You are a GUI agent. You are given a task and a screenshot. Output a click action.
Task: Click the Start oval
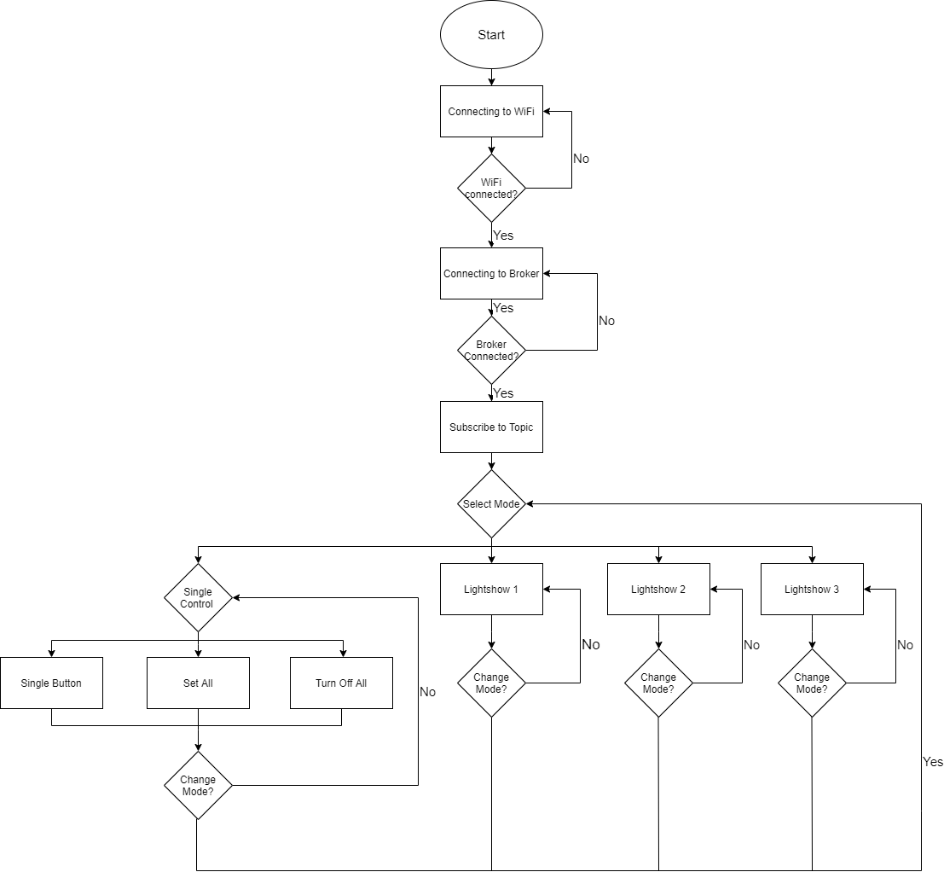click(x=491, y=35)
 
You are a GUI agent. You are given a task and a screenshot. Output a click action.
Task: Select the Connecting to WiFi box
click(x=491, y=111)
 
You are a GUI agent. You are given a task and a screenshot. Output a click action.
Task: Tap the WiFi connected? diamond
click(x=491, y=188)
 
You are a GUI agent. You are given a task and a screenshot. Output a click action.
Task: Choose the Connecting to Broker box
click(x=491, y=274)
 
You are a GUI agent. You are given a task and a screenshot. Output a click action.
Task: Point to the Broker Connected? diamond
click(x=491, y=351)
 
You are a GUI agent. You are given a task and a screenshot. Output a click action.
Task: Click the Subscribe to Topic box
click(x=491, y=427)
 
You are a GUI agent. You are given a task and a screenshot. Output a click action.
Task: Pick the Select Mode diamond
click(x=491, y=503)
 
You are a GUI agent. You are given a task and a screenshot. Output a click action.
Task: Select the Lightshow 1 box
click(x=491, y=589)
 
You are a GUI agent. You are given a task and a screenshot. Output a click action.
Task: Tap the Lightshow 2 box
click(x=658, y=589)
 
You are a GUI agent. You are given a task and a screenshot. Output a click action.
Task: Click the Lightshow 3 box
click(x=812, y=589)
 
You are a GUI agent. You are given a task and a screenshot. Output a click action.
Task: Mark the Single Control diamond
click(x=198, y=597)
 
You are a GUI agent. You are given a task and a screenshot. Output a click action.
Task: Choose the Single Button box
click(x=51, y=683)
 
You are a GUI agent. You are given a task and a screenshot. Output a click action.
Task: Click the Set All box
click(x=198, y=683)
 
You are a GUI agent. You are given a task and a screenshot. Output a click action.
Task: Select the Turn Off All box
click(x=341, y=683)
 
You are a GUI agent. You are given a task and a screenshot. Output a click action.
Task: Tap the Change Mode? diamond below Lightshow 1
click(x=491, y=683)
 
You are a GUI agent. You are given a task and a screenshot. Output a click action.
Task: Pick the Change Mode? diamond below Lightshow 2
click(x=658, y=683)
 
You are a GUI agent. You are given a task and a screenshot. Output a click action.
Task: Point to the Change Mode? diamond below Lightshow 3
click(x=812, y=683)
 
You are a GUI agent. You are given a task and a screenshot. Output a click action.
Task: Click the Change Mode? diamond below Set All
click(x=198, y=785)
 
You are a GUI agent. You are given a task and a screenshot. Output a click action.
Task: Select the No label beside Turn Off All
click(x=427, y=692)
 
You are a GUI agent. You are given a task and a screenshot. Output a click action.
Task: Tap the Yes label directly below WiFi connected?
click(x=503, y=235)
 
